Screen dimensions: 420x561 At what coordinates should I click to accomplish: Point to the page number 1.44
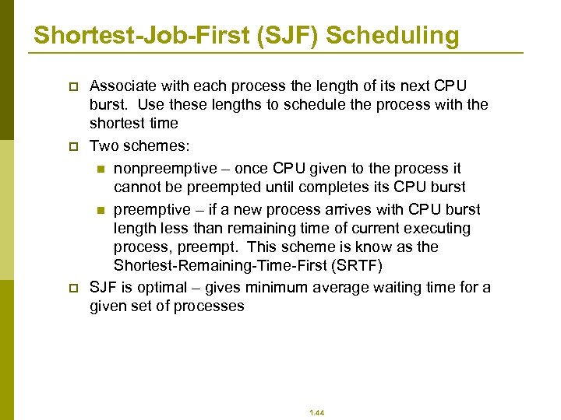(x=317, y=412)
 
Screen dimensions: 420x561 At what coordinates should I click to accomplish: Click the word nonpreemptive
(x=162, y=169)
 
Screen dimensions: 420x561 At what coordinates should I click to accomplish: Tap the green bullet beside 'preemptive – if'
(x=100, y=210)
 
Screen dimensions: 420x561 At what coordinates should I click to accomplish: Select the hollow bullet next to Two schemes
(x=74, y=146)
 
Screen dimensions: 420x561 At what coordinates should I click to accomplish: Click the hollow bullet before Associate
(x=74, y=86)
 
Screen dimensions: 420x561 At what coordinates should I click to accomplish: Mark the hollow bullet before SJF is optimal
(x=74, y=288)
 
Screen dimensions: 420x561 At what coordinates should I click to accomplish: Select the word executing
(x=443, y=229)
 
